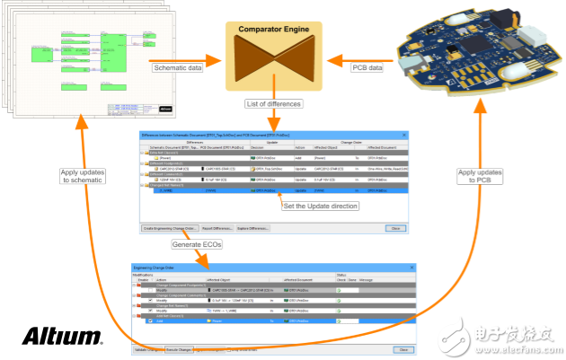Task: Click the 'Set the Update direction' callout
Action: [x=319, y=206]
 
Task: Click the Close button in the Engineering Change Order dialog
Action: [x=403, y=348]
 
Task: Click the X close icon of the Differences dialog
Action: [x=403, y=134]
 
